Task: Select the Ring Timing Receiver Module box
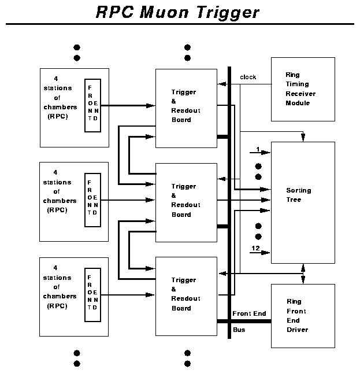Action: click(303, 89)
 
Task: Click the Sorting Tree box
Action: click(303, 202)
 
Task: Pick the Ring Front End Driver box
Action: click(303, 315)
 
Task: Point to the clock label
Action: click(248, 77)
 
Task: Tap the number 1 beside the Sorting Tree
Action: click(257, 150)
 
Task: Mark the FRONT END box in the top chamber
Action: click(92, 106)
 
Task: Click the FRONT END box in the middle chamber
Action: click(92, 200)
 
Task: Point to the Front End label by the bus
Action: click(249, 314)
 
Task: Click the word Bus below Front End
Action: click(239, 330)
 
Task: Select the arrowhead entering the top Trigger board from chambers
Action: click(151, 106)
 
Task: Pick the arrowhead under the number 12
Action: click(266, 252)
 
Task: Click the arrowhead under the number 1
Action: click(266, 153)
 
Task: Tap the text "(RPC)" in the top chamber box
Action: click(57, 116)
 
